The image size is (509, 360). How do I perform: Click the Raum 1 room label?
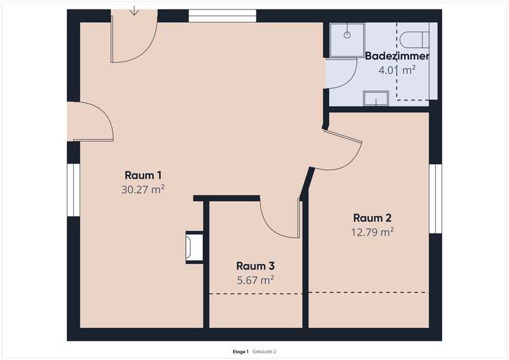(143, 176)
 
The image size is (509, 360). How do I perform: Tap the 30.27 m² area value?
(143, 190)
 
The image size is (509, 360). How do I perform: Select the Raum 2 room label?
(372, 218)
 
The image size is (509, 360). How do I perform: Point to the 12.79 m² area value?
(372, 232)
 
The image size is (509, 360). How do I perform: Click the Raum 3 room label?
(256, 266)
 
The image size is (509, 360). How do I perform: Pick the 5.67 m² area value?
(256, 280)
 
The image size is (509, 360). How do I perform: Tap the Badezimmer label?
(397, 56)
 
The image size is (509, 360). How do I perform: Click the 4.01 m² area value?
(397, 70)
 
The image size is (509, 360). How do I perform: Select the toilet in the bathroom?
(414, 39)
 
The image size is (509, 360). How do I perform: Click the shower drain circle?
(347, 35)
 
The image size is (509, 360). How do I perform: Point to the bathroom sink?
(376, 99)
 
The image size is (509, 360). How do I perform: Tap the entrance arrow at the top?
(134, 11)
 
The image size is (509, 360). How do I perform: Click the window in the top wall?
(222, 16)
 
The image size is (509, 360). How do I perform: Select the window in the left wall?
(73, 190)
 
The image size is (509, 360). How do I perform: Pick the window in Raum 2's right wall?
(436, 198)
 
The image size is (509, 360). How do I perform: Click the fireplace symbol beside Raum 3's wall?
(194, 247)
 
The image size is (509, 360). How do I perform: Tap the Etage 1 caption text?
(241, 352)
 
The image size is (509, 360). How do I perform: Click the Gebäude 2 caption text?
(264, 352)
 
